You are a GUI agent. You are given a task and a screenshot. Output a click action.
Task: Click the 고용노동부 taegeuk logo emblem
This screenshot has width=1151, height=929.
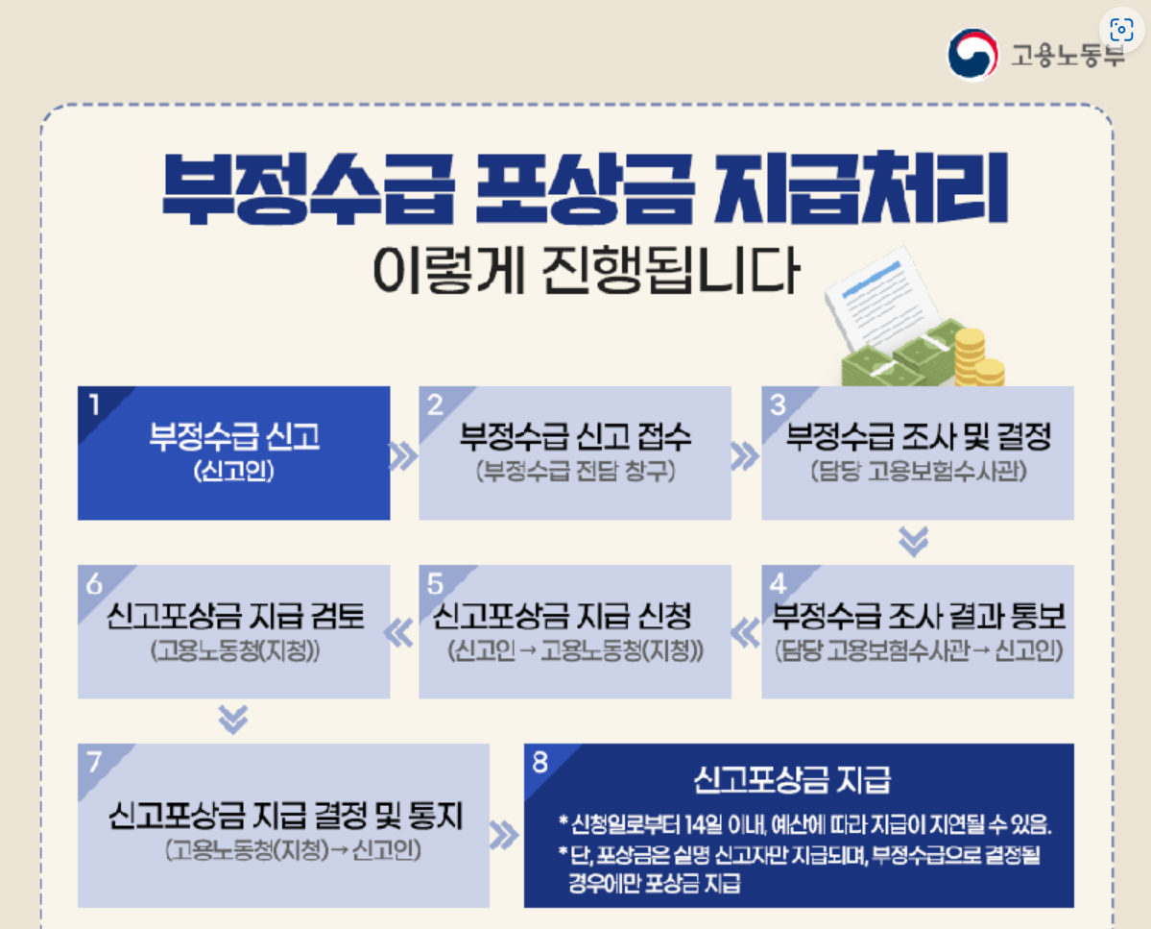pos(972,54)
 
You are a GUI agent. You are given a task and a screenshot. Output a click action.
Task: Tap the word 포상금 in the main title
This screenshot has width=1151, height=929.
pos(583,187)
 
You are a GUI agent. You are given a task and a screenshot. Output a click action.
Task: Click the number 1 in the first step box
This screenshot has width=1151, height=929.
pos(93,404)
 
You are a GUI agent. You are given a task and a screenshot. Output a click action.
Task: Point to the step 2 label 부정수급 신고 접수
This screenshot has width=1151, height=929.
pos(575,437)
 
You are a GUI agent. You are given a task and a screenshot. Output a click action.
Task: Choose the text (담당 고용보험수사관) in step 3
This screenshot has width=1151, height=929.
pos(918,473)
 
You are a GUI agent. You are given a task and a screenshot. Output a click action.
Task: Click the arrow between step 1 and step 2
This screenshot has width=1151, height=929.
pos(404,456)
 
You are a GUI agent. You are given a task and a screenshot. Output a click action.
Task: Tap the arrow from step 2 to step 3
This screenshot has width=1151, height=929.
pos(745,456)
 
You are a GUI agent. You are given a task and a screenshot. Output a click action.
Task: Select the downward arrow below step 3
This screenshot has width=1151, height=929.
pos(914,543)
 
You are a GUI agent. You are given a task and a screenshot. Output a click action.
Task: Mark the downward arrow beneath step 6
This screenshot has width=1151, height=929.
pos(233,719)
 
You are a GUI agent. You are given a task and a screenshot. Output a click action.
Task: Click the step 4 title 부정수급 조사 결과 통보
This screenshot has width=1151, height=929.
pos(920,615)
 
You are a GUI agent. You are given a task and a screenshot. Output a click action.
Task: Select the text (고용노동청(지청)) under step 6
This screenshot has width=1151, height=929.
pos(234,650)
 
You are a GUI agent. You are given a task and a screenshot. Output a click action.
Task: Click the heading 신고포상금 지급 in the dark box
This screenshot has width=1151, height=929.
pos(791,779)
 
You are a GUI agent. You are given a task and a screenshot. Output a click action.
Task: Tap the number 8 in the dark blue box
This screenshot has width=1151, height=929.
pos(540,762)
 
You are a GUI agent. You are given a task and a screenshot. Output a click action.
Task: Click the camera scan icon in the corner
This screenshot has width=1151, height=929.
pos(1120,29)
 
